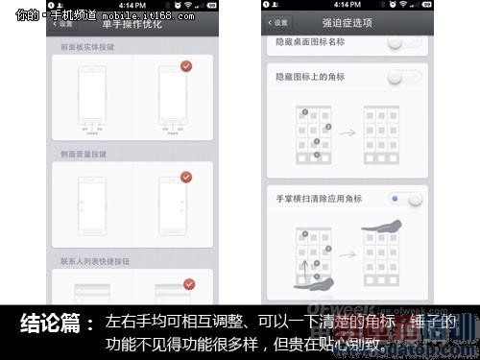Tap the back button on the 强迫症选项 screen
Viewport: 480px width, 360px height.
point(278,23)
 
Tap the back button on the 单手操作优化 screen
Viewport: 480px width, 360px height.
point(63,23)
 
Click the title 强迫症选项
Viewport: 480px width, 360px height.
point(347,23)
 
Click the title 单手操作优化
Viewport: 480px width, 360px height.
point(133,23)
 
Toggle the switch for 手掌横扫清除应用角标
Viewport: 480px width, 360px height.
point(405,199)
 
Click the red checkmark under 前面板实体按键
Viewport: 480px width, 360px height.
point(187,67)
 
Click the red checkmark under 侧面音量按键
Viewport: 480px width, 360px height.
point(187,177)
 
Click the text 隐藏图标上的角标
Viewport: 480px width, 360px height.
point(308,76)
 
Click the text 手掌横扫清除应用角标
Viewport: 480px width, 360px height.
point(318,199)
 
